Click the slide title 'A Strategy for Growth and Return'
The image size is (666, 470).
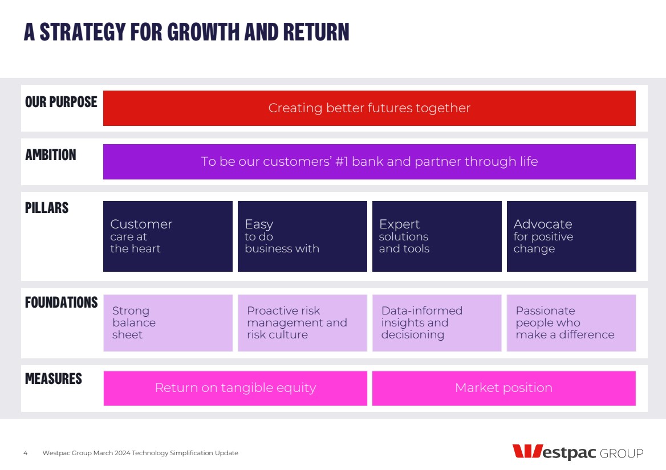[186, 32]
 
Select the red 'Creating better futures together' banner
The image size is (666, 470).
[369, 108]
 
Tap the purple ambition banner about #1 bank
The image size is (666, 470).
[369, 162]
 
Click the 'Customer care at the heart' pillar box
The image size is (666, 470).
[168, 236]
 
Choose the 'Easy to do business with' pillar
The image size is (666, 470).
[302, 236]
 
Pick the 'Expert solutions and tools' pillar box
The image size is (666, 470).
[437, 236]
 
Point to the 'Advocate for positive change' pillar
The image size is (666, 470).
[571, 236]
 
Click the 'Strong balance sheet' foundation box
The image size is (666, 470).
[168, 323]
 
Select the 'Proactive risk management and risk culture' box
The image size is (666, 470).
[302, 323]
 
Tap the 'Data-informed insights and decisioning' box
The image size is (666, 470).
[437, 323]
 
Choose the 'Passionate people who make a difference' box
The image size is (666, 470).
[571, 323]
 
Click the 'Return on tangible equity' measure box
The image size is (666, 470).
[235, 388]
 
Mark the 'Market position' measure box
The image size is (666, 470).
[503, 388]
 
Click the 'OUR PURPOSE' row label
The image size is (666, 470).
[61, 102]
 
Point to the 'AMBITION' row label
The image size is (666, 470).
[51, 155]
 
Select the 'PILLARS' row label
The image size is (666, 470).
[47, 208]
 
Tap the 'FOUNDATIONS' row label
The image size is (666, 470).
[61, 303]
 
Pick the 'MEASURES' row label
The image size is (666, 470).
[54, 379]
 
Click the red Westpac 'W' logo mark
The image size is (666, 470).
[527, 451]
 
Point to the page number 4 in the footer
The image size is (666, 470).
[26, 453]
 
